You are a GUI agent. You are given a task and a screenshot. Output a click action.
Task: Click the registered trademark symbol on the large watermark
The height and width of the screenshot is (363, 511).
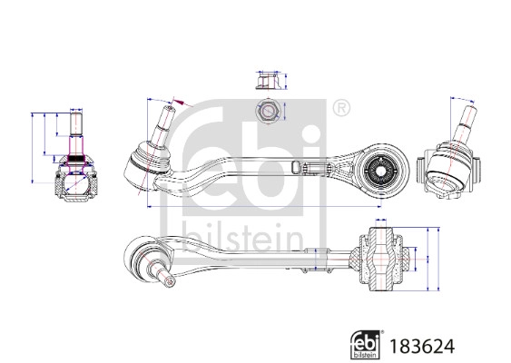pos(340,109)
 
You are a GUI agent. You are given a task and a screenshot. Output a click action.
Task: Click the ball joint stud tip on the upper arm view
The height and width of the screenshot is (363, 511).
pos(169,113)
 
